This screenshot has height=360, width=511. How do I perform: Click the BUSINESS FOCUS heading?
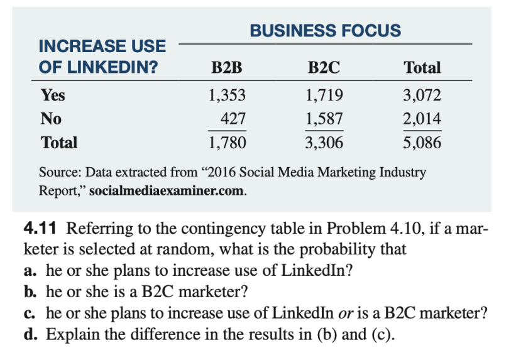[325, 30]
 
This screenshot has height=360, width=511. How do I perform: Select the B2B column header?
[226, 67]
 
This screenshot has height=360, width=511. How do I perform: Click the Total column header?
[422, 67]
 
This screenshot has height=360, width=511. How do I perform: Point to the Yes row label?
[53, 95]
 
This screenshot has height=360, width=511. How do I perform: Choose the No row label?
[50, 119]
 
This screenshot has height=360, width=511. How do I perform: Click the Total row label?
[59, 143]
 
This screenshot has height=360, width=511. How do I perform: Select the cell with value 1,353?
[226, 95]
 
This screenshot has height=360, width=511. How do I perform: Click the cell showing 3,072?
[422, 95]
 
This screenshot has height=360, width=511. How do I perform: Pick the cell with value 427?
[233, 119]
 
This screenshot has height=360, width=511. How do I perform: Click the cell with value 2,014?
[422, 119]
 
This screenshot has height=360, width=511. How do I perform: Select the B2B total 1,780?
[226, 143]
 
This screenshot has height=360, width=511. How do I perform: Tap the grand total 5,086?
[422, 143]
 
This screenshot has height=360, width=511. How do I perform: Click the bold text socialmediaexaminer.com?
[167, 190]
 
